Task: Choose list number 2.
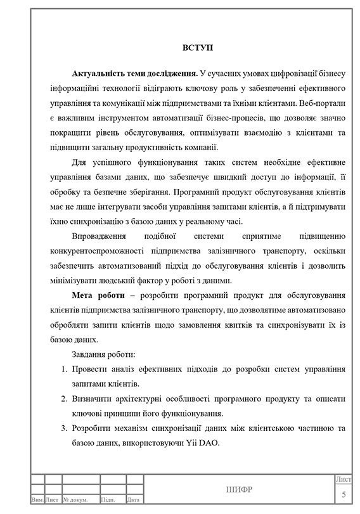click(x=64, y=399)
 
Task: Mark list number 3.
click(x=64, y=428)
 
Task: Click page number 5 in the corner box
click(x=344, y=494)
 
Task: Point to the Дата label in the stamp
click(x=133, y=500)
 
